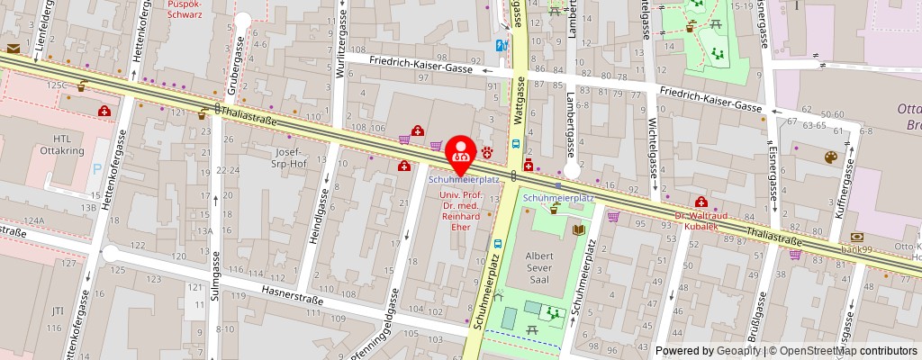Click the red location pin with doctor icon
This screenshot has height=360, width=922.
point(462,153)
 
